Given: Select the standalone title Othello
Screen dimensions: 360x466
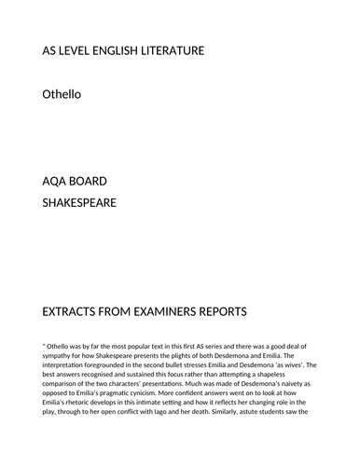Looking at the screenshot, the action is coord(62,93).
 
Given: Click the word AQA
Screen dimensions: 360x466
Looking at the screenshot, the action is coord(56,180).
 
